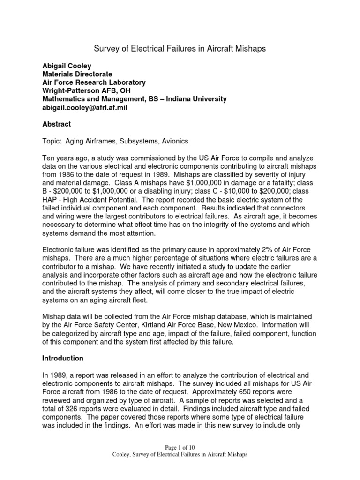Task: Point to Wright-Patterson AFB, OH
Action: (84, 90)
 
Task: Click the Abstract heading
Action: (57, 124)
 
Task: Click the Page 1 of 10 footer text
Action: (180, 448)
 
